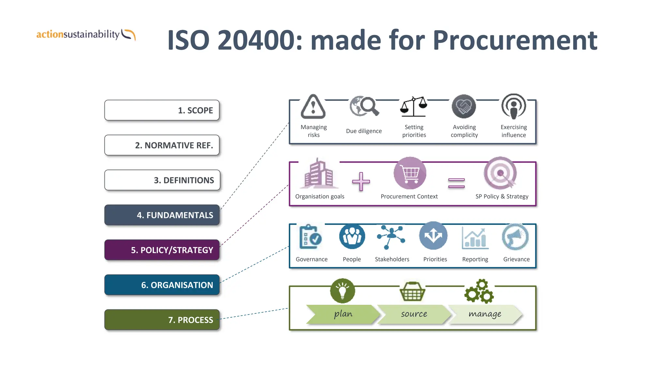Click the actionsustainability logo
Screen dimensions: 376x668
86,35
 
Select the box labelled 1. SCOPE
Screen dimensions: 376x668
162,110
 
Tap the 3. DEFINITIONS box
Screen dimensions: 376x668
162,180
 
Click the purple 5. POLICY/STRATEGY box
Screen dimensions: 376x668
162,250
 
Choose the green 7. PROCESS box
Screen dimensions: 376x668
162,320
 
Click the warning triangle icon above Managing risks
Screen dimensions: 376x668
313,107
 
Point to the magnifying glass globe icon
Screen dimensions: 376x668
364,106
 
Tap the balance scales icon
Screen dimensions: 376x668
414,107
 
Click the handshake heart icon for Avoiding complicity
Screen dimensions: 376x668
463,106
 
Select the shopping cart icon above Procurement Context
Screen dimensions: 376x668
410,173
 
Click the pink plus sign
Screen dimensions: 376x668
361,181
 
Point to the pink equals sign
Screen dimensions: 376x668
456,183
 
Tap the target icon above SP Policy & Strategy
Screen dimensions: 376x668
500,173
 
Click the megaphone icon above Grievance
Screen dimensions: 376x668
515,237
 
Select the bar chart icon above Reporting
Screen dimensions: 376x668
475,238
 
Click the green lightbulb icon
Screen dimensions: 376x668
342,290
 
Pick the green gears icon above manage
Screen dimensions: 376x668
479,291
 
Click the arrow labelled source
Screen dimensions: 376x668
414,314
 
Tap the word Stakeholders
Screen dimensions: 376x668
392,259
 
